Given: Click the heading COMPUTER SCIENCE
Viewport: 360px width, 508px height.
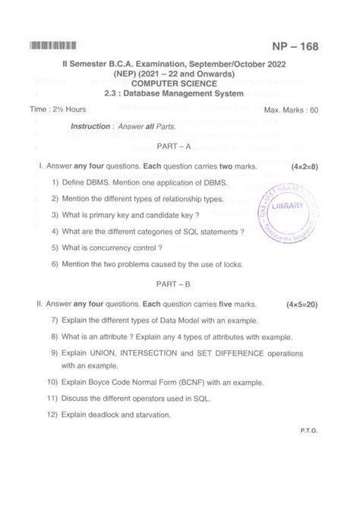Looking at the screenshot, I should coord(179,84).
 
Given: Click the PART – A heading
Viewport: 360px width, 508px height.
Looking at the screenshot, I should coord(180,145).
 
